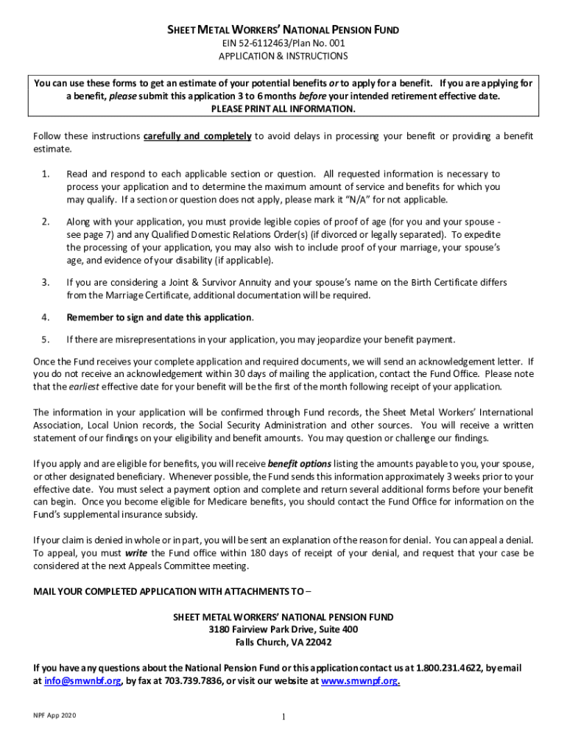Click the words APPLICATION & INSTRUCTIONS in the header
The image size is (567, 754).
[283, 56]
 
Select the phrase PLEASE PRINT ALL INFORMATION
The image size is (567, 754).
[283, 109]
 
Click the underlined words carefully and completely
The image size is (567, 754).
[197, 136]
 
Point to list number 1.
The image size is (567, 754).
[46, 174]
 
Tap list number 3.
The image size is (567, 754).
[46, 282]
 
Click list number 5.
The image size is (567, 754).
[46, 339]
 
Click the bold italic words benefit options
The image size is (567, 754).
[300, 464]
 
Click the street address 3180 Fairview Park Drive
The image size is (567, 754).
[283, 630]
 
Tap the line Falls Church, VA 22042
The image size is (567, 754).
[283, 642]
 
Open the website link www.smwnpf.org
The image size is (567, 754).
[360, 681]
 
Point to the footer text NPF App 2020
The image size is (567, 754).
[49, 716]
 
